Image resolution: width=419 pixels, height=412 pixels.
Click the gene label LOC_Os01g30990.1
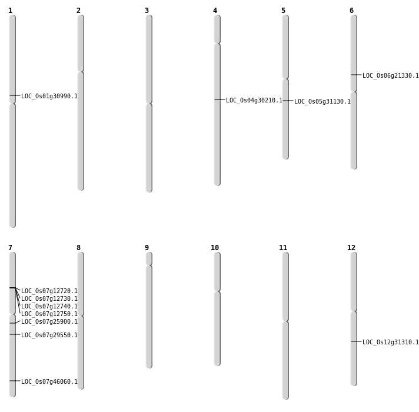point(49,97)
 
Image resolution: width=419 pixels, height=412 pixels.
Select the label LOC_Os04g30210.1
point(254,101)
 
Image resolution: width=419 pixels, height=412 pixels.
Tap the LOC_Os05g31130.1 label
point(322,102)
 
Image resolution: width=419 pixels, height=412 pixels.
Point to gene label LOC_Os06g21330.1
point(391,76)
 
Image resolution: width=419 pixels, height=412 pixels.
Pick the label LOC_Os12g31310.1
point(391,343)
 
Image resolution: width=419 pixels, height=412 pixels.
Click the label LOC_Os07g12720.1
point(49,291)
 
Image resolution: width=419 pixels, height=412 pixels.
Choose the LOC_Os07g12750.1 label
point(49,314)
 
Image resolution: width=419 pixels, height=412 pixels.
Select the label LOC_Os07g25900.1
point(49,322)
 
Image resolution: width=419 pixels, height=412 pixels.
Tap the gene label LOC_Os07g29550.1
point(49,335)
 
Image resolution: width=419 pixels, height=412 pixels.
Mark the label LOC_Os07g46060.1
point(49,382)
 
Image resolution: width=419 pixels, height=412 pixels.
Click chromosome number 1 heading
point(10,11)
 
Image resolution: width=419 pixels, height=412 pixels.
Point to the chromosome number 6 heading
point(351,11)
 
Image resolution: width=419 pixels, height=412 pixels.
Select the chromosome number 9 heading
point(147,248)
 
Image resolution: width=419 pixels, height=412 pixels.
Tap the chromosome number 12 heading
point(351,248)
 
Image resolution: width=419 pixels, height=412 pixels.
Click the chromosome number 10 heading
point(215,248)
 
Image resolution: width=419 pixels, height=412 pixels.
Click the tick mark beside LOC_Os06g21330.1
point(356,75)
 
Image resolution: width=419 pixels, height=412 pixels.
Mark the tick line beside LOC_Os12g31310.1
point(356,341)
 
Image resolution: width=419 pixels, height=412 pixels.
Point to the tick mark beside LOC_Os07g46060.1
point(15,381)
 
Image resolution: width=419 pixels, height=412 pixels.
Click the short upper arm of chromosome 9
point(149,259)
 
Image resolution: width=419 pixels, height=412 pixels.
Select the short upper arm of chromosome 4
point(217,29)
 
